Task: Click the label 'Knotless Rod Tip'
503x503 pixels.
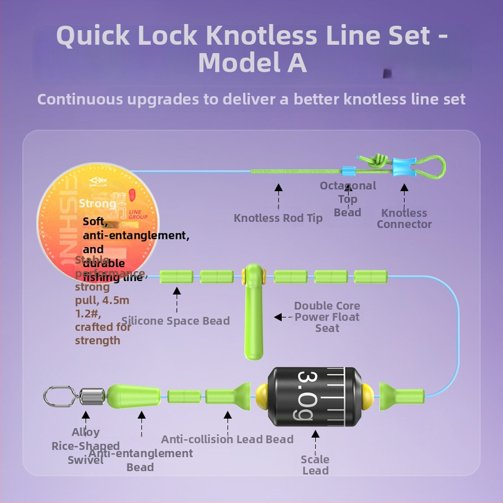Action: [x=278, y=218]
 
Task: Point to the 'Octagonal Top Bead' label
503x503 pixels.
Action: [x=348, y=199]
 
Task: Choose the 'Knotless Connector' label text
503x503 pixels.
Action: [x=404, y=218]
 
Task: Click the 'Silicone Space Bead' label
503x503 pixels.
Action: [x=175, y=321]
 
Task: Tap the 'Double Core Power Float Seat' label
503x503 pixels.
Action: [x=327, y=317]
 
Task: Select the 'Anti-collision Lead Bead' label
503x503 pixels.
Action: [x=227, y=439]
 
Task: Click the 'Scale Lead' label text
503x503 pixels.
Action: [x=315, y=465]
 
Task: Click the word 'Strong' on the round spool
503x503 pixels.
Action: [x=97, y=203]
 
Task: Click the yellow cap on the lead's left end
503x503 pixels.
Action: [x=260, y=395]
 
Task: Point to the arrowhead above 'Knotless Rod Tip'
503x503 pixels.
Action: [x=278, y=187]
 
